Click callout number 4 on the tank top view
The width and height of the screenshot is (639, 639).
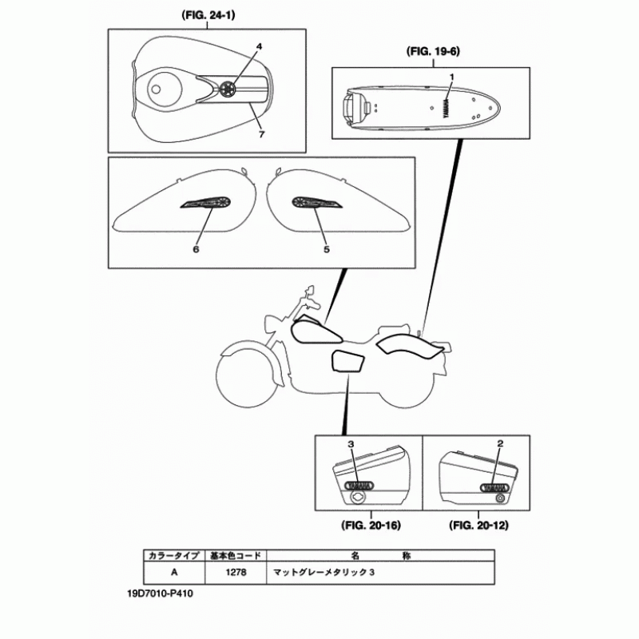[x=259, y=46]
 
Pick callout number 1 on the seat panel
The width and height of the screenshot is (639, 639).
[x=451, y=76]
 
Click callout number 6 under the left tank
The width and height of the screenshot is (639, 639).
[x=195, y=249]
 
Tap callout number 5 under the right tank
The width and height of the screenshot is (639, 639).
[x=326, y=249]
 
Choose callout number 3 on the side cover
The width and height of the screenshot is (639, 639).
[x=350, y=443]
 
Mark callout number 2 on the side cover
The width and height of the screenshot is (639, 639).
[x=500, y=443]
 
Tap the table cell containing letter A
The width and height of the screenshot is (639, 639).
[x=174, y=572]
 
